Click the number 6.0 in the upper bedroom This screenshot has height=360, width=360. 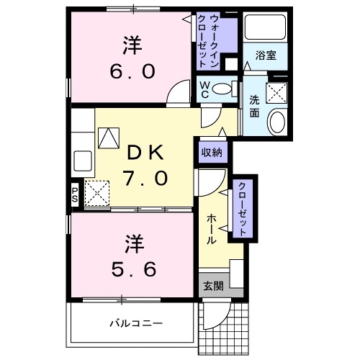130,73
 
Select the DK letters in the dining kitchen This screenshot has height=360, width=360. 146,152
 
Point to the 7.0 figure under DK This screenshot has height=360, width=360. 146,176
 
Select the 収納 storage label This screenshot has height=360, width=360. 212,152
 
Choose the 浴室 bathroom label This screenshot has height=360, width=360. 264,55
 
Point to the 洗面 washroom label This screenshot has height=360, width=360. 255,107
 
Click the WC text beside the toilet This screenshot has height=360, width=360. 205,90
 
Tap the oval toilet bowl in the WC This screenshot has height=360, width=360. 225,90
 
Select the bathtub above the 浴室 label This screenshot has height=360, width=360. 264,27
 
